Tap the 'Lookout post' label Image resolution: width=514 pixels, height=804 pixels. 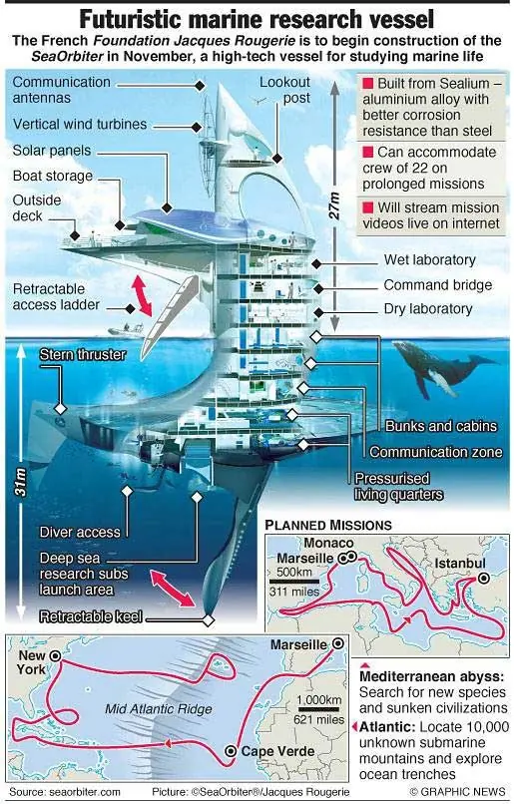click(x=284, y=90)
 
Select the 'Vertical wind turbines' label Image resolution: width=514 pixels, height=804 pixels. click(x=80, y=124)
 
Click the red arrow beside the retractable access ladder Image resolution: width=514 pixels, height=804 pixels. click(x=143, y=295)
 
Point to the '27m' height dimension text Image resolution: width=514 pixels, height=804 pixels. click(x=334, y=205)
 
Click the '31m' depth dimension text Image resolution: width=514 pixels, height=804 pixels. click(x=21, y=482)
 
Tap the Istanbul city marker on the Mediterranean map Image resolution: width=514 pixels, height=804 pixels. click(x=483, y=579)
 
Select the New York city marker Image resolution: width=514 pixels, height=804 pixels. click(x=55, y=655)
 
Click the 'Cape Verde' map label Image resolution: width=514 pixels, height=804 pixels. click(x=277, y=751)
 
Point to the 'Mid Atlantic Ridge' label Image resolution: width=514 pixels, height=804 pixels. click(x=159, y=709)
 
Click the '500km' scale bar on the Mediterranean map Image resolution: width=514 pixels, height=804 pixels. click(x=294, y=582)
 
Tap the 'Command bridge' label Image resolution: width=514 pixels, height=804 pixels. click(x=437, y=285)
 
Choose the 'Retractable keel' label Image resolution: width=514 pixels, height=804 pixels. click(x=91, y=616)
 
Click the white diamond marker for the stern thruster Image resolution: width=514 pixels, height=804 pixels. click(x=61, y=409)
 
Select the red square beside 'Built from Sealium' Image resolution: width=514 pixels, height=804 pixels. click(x=367, y=83)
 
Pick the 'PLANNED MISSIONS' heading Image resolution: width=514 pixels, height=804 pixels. click(x=328, y=525)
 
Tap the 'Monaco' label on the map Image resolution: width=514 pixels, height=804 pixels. click(x=328, y=543)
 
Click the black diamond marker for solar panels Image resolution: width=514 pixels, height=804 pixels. click(x=167, y=207)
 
